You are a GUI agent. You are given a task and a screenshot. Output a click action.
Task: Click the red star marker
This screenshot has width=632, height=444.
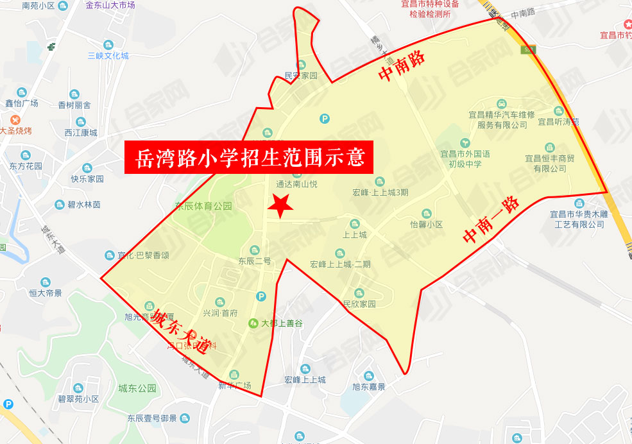(280, 206)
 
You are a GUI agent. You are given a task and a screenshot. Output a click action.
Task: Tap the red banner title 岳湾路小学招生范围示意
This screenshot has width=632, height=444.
(249, 157)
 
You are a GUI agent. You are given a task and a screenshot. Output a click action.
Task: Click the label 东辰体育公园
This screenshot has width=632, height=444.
(203, 207)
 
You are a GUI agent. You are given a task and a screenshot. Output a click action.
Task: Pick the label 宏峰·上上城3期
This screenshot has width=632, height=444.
(380, 192)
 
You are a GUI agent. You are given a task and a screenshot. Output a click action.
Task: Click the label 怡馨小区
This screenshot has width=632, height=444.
(427, 225)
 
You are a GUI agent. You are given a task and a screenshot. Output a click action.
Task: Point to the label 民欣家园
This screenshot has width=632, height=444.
(359, 304)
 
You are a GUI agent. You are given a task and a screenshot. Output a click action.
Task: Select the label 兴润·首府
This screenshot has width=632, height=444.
(220, 313)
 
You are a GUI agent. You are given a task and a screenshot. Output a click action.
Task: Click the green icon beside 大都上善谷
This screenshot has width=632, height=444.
(253, 323)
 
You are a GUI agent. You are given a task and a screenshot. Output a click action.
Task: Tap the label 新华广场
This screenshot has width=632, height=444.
(234, 386)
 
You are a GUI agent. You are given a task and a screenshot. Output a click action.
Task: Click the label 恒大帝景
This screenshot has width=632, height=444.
(45, 293)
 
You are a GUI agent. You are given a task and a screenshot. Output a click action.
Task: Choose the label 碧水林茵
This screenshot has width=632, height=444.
(83, 205)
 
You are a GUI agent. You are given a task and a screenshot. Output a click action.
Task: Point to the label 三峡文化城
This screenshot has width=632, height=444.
(108, 56)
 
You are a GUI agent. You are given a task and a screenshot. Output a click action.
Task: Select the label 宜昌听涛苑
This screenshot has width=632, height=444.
(558, 121)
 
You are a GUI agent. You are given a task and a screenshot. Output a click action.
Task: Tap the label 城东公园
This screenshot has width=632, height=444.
(137, 388)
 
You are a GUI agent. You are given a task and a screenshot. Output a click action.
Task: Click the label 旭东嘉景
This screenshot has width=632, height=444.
(369, 387)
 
